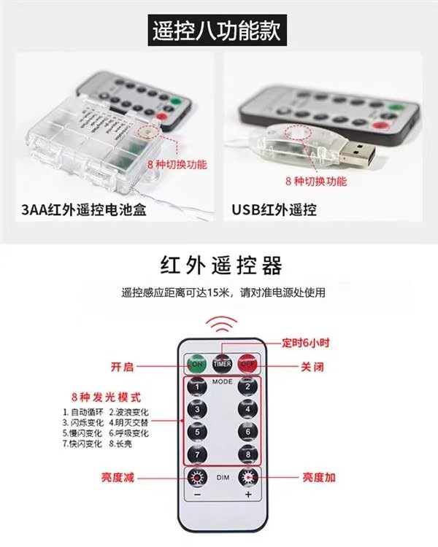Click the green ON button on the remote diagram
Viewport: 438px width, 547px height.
(x=197, y=362)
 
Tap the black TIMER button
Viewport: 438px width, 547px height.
(x=222, y=362)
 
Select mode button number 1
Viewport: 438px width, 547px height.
(x=196, y=387)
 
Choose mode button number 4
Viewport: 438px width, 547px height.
(x=248, y=409)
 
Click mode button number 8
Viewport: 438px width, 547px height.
(x=248, y=454)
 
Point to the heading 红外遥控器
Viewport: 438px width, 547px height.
(x=220, y=265)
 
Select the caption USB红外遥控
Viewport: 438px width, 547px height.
(x=274, y=211)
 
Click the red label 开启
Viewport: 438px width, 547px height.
(x=122, y=367)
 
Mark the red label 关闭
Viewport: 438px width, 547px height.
(x=312, y=367)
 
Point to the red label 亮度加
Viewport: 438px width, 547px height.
(x=320, y=478)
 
